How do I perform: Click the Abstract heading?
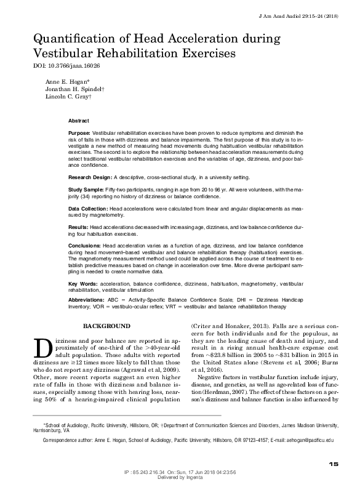point(78,121)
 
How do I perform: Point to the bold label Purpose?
point(79,132)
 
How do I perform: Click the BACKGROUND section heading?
point(106,326)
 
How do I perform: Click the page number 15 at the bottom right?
point(334,464)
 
